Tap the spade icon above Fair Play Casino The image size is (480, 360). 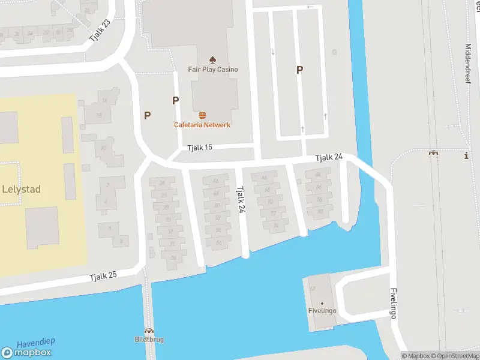click(x=212, y=59)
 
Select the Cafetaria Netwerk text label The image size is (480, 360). click(x=202, y=125)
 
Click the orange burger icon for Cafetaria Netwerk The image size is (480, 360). click(x=202, y=115)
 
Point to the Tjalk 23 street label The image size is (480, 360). click(x=100, y=29)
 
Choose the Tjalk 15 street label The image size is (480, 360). click(x=199, y=148)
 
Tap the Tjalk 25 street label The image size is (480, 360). click(x=103, y=277)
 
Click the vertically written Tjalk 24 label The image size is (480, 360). click(x=241, y=199)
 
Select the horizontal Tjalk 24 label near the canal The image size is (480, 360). click(x=329, y=157)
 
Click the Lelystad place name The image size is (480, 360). click(x=22, y=190)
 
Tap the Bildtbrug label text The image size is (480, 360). click(x=149, y=340)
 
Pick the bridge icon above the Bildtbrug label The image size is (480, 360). click(x=148, y=331)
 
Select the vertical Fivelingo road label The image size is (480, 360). click(x=394, y=304)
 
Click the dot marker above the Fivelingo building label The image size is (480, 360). click(x=322, y=303)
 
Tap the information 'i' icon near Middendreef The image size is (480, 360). click(x=466, y=155)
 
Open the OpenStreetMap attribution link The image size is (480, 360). click(x=455, y=356)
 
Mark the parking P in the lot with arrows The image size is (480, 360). click(x=299, y=70)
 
